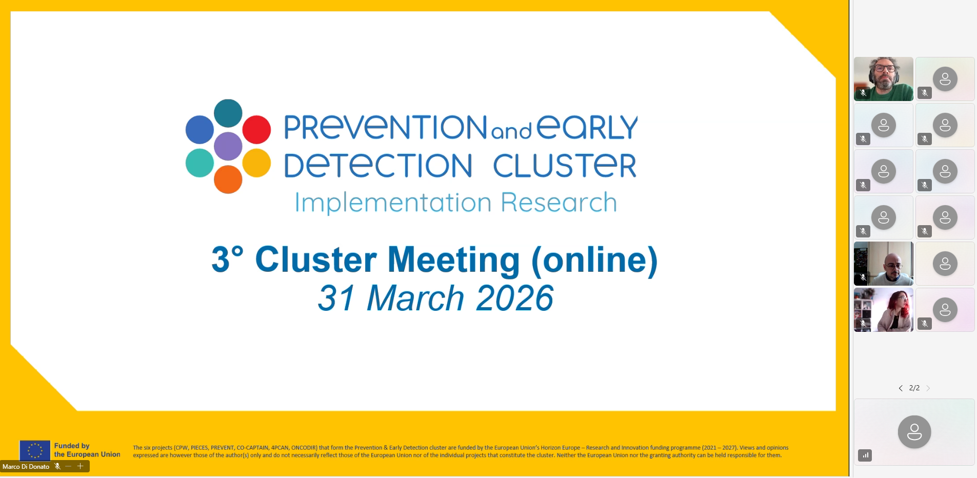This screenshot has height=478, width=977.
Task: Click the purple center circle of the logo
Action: point(228,146)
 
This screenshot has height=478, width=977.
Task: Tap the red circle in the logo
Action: point(256,129)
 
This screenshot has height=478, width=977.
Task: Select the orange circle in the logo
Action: point(228,179)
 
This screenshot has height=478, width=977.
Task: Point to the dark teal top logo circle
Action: point(228,113)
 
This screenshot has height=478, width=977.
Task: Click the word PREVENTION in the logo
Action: point(386,127)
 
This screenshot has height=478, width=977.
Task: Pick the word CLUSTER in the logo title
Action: point(565,165)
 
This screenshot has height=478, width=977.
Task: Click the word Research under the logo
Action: point(559,202)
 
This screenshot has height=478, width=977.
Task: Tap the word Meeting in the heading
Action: point(453,260)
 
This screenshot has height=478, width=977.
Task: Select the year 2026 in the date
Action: point(514,298)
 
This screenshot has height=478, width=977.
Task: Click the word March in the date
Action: point(415,298)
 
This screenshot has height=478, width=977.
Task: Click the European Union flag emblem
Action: point(35,450)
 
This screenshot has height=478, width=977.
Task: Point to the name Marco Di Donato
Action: point(26,467)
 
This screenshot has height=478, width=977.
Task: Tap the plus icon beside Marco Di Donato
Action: point(80,466)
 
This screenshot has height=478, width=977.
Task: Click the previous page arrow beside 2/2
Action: point(901,388)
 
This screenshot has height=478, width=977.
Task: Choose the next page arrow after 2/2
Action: point(928,388)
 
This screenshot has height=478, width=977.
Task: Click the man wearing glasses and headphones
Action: point(884,79)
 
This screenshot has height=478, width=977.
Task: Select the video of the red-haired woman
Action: point(884,310)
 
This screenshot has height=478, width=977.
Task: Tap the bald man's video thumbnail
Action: point(884,264)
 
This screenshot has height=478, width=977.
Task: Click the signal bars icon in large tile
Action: point(865,455)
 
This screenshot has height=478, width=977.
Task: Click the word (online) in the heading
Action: point(594,260)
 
